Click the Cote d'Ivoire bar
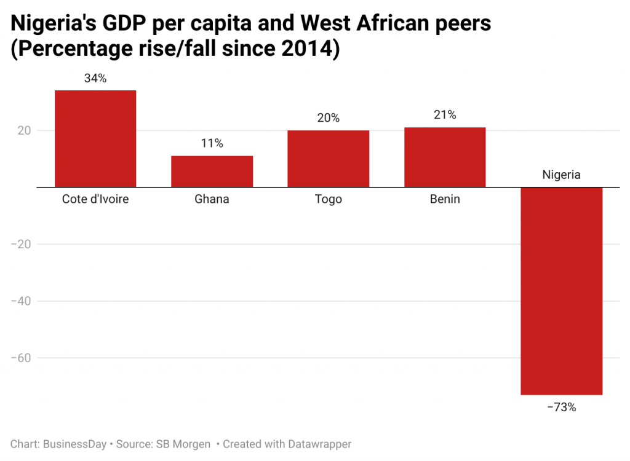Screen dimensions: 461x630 pyautogui.click(x=95, y=138)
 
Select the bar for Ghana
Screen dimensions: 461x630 pyautogui.click(x=212, y=171)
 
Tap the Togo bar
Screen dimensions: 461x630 pyautogui.click(x=328, y=159)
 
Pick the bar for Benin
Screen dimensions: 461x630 pyautogui.click(x=444, y=157)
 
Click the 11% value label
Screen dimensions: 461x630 pyautogui.click(x=212, y=143)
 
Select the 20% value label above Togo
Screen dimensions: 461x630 pyautogui.click(x=328, y=118)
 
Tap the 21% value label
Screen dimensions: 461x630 pyautogui.click(x=444, y=115)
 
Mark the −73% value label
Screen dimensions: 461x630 pyautogui.click(x=561, y=407)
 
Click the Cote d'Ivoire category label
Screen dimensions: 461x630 pyautogui.click(x=95, y=199)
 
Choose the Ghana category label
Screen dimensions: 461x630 pyautogui.click(x=212, y=199)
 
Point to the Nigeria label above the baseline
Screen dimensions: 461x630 pyautogui.click(x=561, y=175)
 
